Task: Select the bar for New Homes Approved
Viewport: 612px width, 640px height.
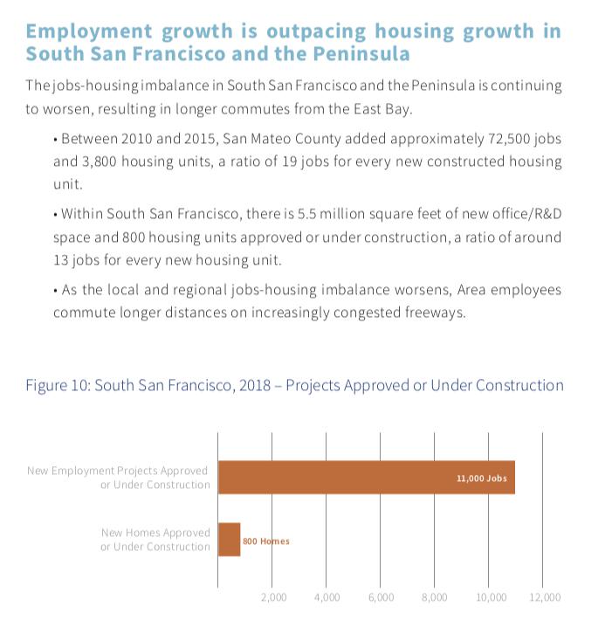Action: coord(229,540)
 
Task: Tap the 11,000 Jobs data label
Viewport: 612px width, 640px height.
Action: coord(481,478)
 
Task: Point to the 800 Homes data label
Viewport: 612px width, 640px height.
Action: coord(265,541)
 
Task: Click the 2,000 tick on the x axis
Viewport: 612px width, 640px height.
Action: coord(273,598)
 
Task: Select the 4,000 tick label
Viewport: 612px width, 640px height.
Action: coord(327,598)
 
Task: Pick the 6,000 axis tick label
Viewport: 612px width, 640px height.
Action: coord(381,598)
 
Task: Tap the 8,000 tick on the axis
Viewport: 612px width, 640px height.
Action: coord(434,598)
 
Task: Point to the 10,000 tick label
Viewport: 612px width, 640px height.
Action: coord(491,598)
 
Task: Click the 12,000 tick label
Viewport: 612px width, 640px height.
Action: coord(546,598)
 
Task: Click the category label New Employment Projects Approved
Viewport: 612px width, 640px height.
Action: coord(119,478)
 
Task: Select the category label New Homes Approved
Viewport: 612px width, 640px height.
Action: coord(155,540)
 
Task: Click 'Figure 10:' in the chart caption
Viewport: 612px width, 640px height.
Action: coord(57,385)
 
